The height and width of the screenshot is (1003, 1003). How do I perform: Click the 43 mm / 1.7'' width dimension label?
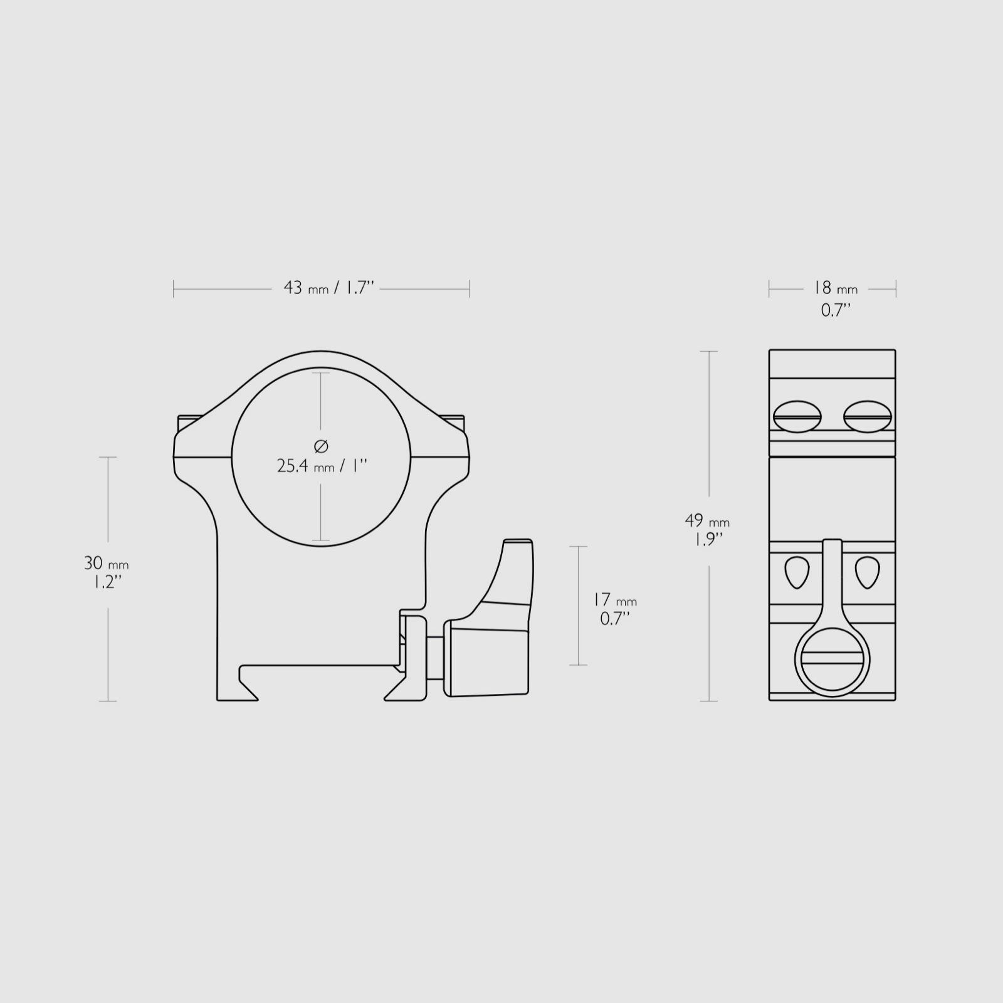click(x=329, y=288)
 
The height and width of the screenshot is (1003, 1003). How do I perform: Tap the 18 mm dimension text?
click(x=835, y=288)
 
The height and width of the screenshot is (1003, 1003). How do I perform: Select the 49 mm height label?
click(x=707, y=520)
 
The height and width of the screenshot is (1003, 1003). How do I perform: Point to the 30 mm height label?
click(x=106, y=563)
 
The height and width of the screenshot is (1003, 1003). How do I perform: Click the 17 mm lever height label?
click(x=614, y=600)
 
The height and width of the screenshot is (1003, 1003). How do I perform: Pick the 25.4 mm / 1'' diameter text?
click(x=322, y=466)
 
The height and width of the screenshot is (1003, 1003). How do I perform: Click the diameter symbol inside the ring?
click(x=320, y=446)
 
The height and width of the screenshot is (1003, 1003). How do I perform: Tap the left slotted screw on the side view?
click(x=797, y=416)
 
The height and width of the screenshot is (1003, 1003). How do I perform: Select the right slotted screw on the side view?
click(x=868, y=416)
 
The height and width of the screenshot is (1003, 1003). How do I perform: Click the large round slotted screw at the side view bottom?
click(x=832, y=662)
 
